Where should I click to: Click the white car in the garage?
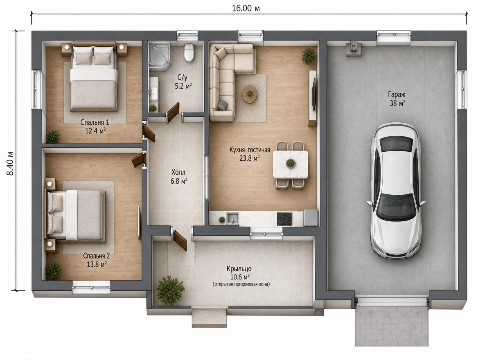click(x=396, y=191)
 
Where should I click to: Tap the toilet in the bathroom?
click(x=189, y=52)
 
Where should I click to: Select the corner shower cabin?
click(x=159, y=57)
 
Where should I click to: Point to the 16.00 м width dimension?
click(x=246, y=8)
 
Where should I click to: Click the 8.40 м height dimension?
click(x=10, y=163)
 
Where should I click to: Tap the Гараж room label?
click(x=397, y=94)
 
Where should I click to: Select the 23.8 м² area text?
click(x=250, y=158)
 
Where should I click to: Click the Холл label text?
click(x=178, y=173)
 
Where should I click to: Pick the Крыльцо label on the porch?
click(x=239, y=269)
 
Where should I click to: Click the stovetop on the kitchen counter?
click(x=284, y=219)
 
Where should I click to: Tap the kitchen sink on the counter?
click(x=232, y=218)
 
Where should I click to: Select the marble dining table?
click(x=290, y=164)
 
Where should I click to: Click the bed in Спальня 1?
click(x=93, y=77)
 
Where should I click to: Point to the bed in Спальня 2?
click(x=75, y=215)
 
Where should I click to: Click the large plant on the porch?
click(x=170, y=290)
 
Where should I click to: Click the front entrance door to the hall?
click(x=180, y=240)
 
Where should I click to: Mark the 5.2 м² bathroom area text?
click(x=183, y=86)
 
